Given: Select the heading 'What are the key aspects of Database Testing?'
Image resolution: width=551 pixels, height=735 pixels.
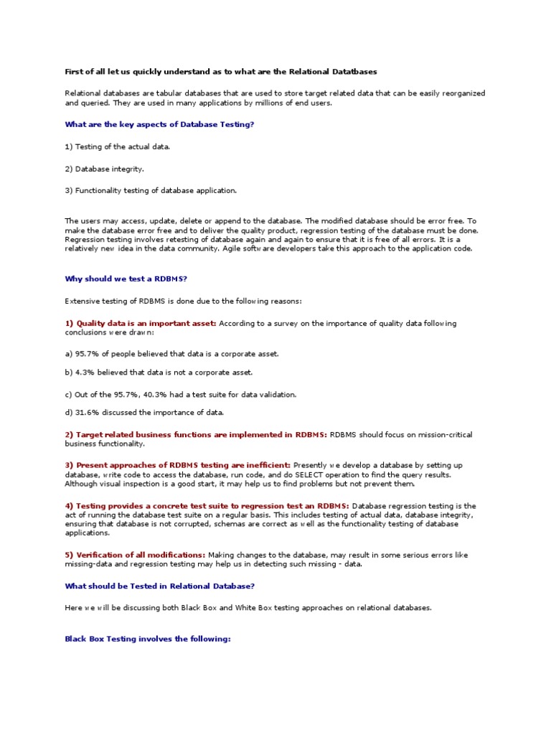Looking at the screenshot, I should tap(159, 124).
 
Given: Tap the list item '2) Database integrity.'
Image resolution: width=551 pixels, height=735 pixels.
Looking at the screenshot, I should tap(105, 169).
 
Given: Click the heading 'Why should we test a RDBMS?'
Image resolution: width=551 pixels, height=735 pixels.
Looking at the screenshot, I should tap(127, 278).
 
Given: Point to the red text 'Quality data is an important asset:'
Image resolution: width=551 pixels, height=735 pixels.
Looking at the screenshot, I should tap(146, 323).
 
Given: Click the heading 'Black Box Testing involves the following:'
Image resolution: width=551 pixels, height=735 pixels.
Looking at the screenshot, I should tap(147, 638).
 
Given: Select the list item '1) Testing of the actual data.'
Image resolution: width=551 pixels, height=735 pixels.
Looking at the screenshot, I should tap(118, 146).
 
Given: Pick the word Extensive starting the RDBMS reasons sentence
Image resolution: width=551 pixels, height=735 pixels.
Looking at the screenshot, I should tap(83, 301).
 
